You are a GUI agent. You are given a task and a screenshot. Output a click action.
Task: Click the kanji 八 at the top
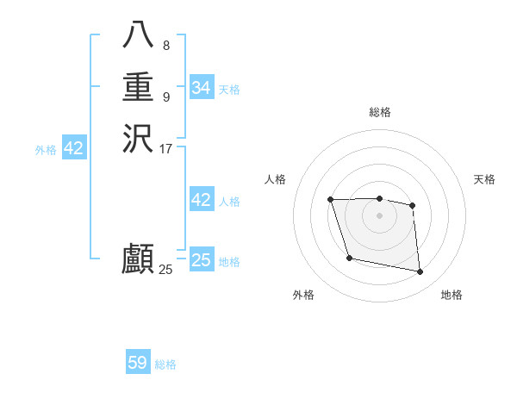coord(138,36)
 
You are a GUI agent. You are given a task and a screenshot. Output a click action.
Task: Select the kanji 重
coord(138,87)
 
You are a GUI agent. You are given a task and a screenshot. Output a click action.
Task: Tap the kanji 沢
coord(138,138)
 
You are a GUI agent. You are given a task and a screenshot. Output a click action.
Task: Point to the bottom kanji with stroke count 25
coord(138,259)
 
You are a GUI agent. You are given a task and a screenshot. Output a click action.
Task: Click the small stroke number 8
coord(166,46)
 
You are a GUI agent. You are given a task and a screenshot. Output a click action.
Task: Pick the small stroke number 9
coord(166,97)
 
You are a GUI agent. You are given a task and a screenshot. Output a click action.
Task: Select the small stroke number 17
coord(166,148)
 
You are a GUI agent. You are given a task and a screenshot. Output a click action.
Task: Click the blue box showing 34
coord(201,88)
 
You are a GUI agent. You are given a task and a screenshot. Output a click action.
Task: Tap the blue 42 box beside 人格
coord(201,200)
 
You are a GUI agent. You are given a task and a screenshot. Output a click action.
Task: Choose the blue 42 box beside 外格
coord(74,148)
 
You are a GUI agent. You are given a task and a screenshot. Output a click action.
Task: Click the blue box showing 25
coord(201,260)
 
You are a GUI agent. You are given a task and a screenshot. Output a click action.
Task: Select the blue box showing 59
coord(138,363)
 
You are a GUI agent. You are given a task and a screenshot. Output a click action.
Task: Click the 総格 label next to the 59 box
coord(165,364)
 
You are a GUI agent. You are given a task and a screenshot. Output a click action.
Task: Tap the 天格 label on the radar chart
coord(484,179)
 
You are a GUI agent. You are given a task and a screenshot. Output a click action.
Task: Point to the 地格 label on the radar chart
coord(452,295)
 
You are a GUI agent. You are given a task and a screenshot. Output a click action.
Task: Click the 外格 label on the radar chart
coord(303,295)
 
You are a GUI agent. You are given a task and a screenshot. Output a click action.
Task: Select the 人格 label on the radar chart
coord(275,179)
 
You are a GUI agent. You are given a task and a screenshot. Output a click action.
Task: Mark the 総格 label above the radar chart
coord(379,112)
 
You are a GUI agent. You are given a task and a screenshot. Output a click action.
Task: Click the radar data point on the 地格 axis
coord(420,272)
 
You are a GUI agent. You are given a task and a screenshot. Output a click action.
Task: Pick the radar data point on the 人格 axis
coord(331,200)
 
